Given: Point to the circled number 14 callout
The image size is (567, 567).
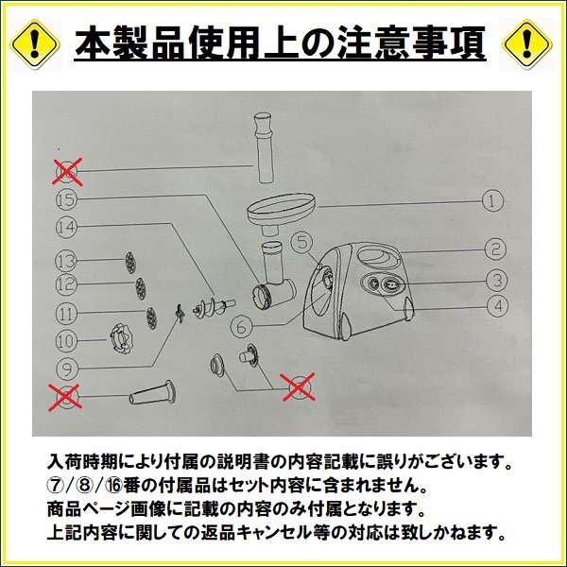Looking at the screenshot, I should [x=65, y=227].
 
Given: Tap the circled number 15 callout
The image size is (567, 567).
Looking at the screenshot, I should [x=65, y=199].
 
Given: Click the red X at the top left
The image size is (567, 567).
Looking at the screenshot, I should [x=66, y=171].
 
